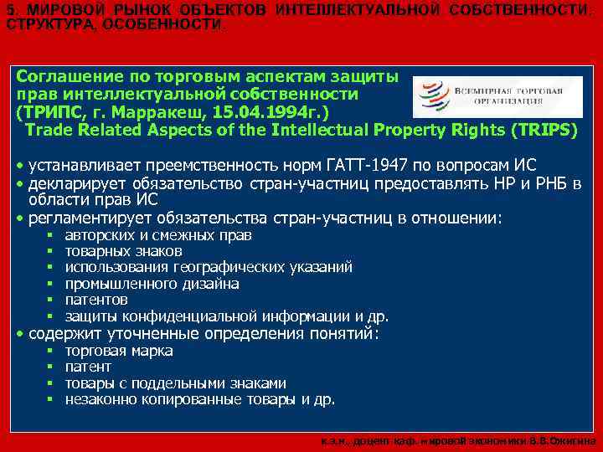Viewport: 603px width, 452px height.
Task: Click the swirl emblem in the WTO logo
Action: tap(435, 95)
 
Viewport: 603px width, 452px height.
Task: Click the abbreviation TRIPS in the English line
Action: tap(544, 131)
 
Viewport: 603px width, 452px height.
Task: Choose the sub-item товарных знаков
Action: tap(123, 251)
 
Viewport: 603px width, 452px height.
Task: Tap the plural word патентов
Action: tap(96, 300)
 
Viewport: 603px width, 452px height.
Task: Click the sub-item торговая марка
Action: tap(118, 351)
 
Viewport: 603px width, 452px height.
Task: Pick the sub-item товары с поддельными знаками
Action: tap(175, 383)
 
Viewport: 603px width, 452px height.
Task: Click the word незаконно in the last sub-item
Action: tap(97, 399)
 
